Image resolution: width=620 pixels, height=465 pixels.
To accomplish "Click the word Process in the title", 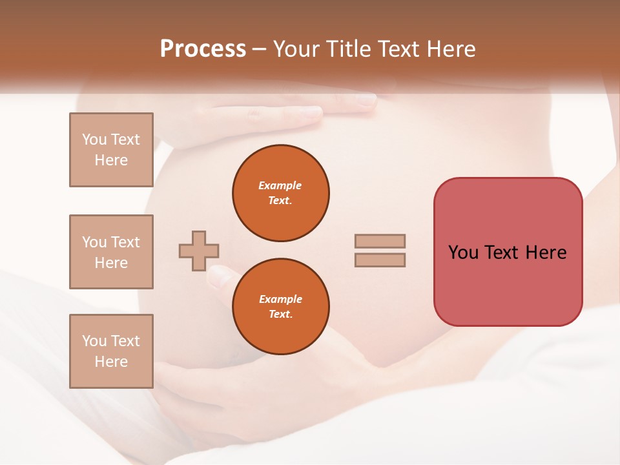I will (x=203, y=49).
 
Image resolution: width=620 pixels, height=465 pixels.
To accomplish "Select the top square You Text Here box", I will (x=111, y=150).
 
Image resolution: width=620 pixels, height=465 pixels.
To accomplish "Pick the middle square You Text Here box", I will (x=111, y=252).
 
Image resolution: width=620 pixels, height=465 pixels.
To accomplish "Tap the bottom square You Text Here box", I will (x=111, y=351).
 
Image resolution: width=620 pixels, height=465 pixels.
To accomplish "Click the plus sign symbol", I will (x=199, y=251).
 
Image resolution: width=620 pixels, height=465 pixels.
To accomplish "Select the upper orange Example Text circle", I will (x=281, y=193).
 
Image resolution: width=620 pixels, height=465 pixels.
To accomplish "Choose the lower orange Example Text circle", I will (x=281, y=307).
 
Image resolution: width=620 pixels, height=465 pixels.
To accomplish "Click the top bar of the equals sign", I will (x=380, y=241).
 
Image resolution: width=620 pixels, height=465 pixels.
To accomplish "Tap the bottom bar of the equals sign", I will (x=380, y=260).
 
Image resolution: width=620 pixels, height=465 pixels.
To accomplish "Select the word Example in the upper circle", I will (x=280, y=185).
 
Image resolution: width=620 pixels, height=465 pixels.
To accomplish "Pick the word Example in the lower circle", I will (x=280, y=299).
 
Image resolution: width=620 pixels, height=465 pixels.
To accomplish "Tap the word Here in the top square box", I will (x=111, y=160).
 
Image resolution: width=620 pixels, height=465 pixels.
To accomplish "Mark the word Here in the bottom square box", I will (x=111, y=362).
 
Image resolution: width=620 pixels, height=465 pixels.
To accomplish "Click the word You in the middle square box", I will (x=93, y=242).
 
